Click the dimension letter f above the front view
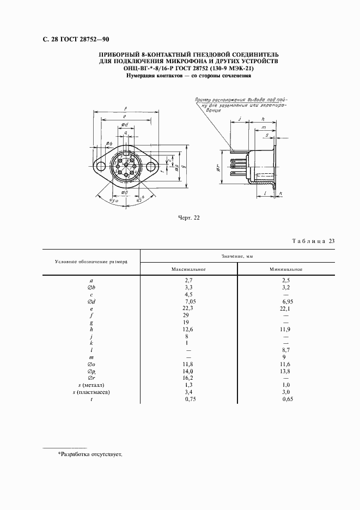pyautogui.click(x=125, y=108)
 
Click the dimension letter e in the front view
pyautogui.click(x=125, y=116)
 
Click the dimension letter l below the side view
pyautogui.click(x=264, y=193)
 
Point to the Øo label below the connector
pyautogui.click(x=125, y=192)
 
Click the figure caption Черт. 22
pyautogui.click(x=190, y=218)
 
